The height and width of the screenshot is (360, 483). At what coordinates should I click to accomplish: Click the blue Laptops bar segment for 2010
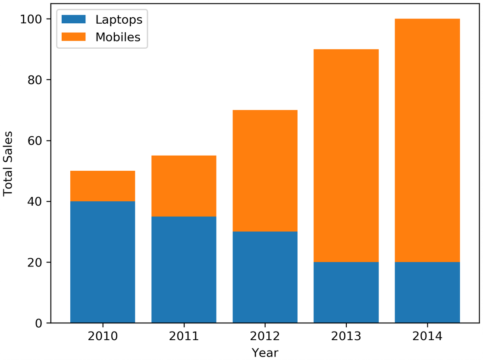point(103,262)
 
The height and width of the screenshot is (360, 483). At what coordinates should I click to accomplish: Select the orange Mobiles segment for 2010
point(103,186)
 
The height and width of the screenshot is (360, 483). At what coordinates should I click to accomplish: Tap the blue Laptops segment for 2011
point(184,270)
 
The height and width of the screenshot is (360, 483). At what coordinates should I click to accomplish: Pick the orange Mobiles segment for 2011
point(184,186)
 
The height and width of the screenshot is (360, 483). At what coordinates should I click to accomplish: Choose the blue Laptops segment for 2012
point(265,277)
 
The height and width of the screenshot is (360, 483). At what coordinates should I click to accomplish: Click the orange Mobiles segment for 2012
point(265,171)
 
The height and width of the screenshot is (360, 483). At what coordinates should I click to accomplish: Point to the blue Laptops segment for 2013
point(346,293)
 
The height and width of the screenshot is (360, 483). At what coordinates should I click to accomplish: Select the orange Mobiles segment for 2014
point(427,141)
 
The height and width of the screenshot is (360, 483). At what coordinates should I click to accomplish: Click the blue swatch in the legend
point(74,19)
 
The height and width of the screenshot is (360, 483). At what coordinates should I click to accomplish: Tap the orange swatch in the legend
point(74,37)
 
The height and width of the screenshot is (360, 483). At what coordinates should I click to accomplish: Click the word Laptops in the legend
point(119,20)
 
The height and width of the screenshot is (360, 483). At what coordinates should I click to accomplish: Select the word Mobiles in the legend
point(118,37)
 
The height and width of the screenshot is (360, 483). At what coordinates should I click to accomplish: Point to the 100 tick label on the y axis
point(31,19)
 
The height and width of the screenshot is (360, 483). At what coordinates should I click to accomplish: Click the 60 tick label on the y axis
point(34,141)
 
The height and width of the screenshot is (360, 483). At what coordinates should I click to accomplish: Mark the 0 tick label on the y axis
point(38,323)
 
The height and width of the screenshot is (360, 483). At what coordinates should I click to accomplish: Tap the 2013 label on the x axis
point(346,336)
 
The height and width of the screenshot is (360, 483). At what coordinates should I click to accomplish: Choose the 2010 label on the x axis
point(103,336)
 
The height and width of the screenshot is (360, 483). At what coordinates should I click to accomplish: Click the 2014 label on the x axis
point(427,336)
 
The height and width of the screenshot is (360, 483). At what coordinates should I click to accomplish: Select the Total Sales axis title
point(8,163)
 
